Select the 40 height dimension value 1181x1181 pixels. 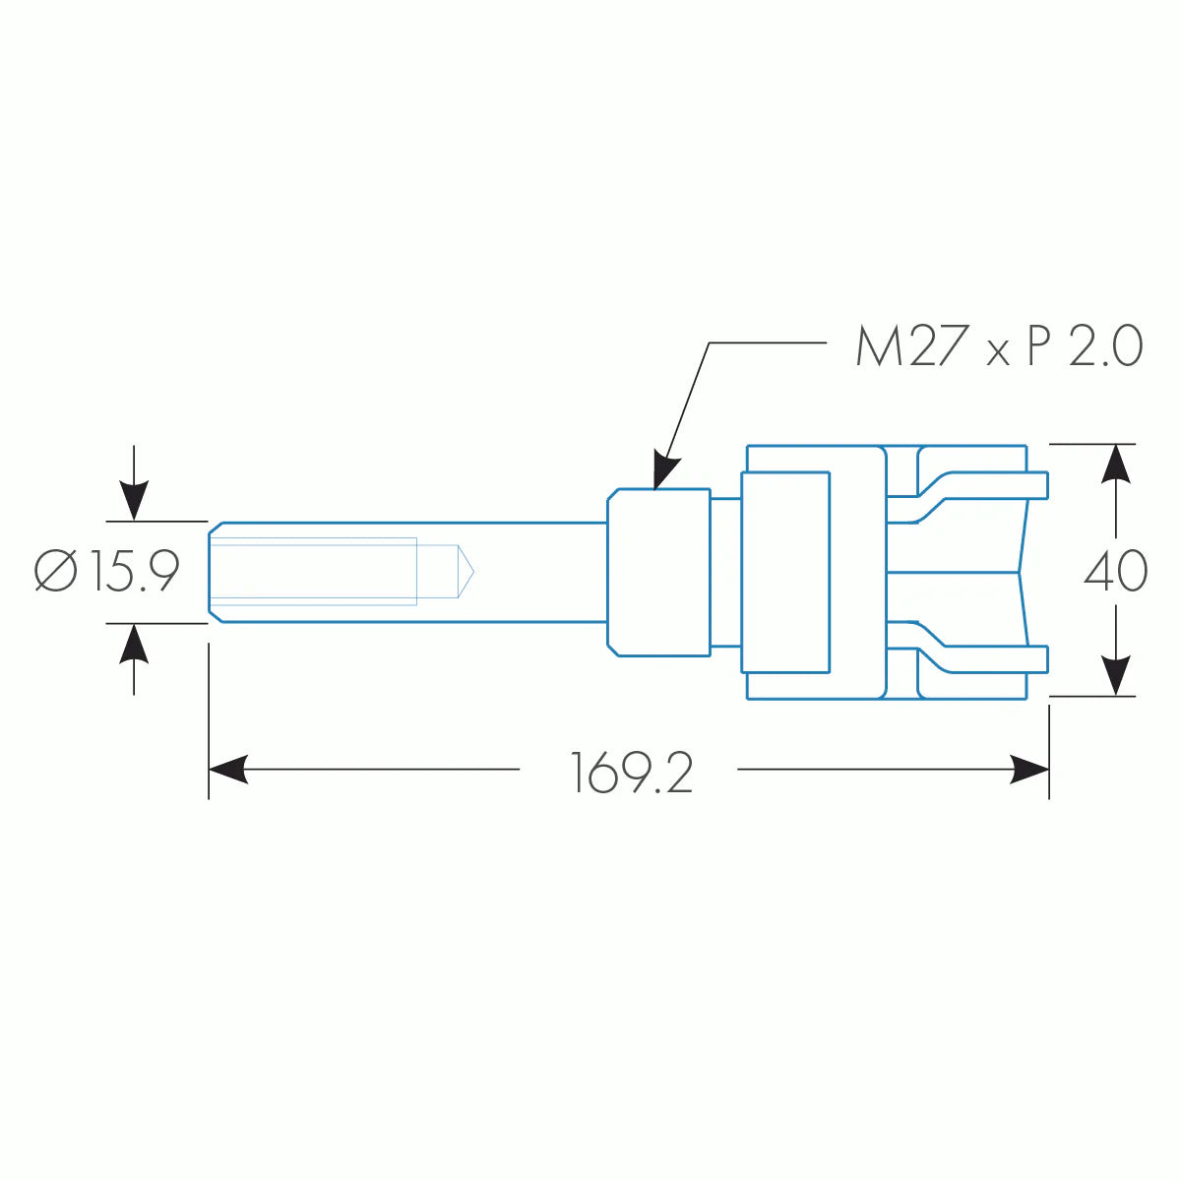tap(1115, 571)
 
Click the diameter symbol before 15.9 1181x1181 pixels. tap(56, 572)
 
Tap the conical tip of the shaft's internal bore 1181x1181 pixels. tap(464, 571)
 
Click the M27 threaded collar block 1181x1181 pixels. tap(658, 571)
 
